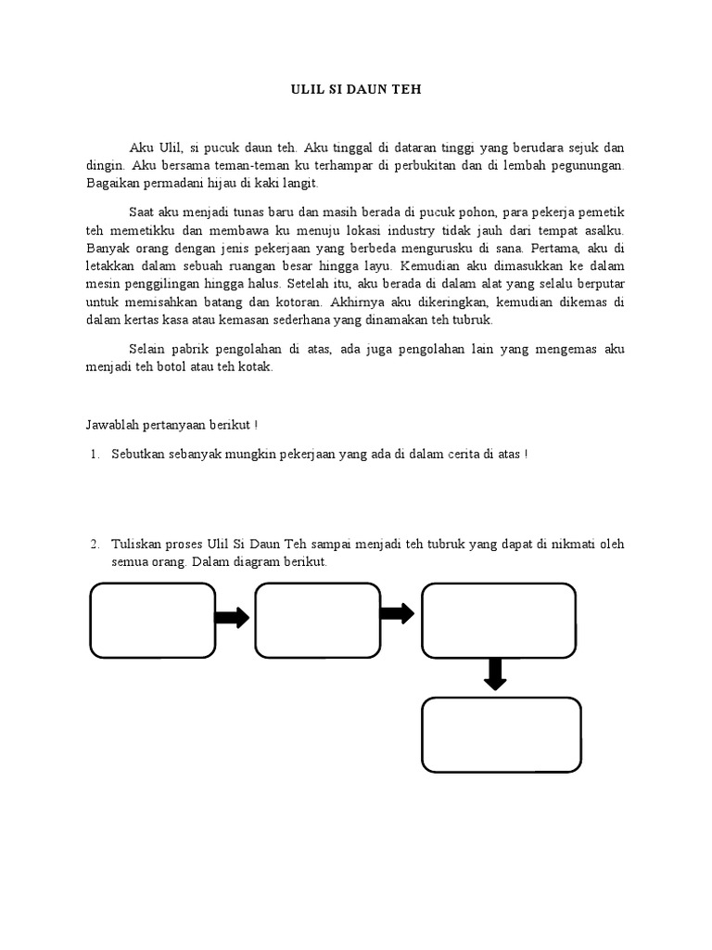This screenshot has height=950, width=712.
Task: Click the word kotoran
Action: [x=286, y=302]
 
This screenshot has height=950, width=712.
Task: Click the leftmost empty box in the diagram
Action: [x=153, y=620]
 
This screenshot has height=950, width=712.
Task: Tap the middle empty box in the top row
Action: [x=317, y=620]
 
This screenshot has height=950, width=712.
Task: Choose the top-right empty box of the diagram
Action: [x=498, y=620]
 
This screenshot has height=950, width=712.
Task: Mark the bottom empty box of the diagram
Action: [x=502, y=735]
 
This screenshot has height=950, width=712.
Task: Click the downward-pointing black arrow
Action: [x=496, y=674]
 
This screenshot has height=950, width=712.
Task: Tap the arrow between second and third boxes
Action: [x=397, y=613]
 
